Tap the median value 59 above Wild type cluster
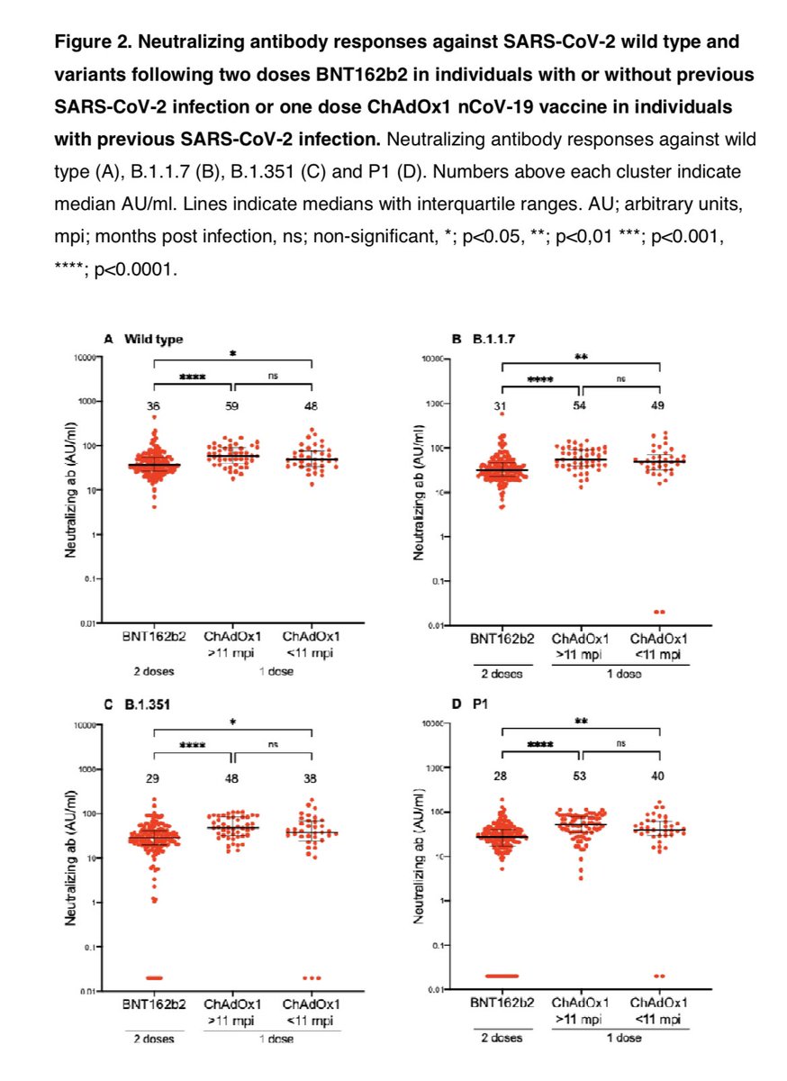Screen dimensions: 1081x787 click(232, 407)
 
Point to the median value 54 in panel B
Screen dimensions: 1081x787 click(581, 407)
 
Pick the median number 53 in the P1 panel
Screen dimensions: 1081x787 click(581, 777)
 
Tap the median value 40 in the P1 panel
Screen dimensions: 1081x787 click(660, 777)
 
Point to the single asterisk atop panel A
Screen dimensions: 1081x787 click(232, 355)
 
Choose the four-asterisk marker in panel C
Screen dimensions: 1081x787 click(193, 746)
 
